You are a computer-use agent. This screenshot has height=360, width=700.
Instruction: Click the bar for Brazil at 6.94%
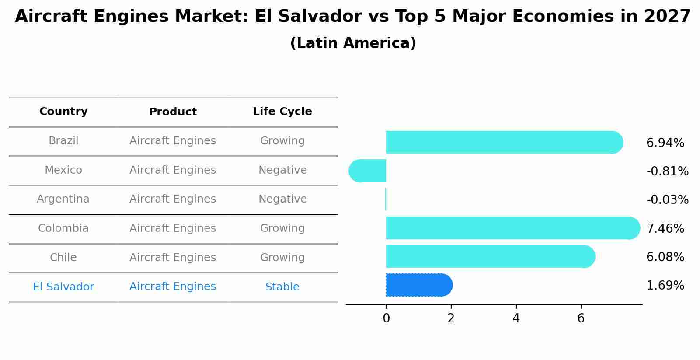click(x=503, y=142)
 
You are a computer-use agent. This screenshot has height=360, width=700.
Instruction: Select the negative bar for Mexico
click(x=368, y=171)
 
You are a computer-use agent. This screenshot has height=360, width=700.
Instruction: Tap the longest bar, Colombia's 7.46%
click(x=512, y=228)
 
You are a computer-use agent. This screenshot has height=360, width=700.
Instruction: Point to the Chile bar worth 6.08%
click(x=490, y=256)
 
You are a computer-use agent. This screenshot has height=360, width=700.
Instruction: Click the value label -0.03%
click(x=667, y=200)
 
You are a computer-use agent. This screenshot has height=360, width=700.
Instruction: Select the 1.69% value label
click(x=665, y=286)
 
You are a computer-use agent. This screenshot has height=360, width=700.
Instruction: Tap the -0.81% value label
click(x=667, y=171)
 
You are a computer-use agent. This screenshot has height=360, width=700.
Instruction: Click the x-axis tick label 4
click(x=516, y=318)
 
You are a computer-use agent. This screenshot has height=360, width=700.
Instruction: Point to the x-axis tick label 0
click(x=386, y=318)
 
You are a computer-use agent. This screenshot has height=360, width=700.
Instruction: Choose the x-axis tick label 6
click(x=581, y=318)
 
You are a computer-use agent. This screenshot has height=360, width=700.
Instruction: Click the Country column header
click(x=63, y=112)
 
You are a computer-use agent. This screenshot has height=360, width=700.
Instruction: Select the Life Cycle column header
click(x=282, y=112)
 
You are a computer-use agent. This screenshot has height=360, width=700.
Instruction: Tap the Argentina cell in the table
click(x=63, y=199)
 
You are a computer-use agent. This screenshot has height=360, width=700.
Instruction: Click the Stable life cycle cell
click(x=282, y=287)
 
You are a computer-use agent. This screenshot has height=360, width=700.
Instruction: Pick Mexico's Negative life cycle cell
click(x=282, y=170)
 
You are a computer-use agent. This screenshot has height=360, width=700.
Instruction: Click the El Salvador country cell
click(x=63, y=287)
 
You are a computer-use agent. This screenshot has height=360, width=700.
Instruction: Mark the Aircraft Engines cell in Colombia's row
click(x=173, y=228)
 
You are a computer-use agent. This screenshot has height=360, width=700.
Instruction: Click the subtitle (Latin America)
click(x=353, y=43)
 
